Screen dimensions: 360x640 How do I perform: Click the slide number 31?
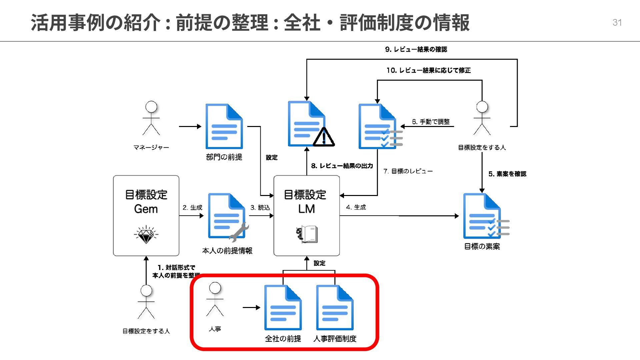[x=617, y=22]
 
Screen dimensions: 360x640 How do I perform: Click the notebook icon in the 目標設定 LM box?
[x=307, y=234]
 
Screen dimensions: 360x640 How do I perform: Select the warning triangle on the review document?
[x=323, y=137]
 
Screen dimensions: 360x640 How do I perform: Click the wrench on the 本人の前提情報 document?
[x=239, y=232]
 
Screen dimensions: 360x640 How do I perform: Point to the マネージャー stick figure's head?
[x=151, y=107]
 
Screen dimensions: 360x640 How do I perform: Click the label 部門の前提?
[x=224, y=157]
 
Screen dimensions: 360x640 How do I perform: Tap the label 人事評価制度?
[x=335, y=339]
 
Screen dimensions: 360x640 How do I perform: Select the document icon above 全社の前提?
[x=283, y=308]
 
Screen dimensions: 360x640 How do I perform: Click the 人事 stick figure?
[x=215, y=299]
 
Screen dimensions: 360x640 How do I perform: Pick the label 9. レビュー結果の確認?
[x=416, y=49]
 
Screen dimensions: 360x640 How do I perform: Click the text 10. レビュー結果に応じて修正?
[x=428, y=70]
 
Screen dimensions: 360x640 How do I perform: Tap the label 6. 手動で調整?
[x=431, y=122]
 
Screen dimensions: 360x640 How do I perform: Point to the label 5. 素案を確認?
[x=507, y=174]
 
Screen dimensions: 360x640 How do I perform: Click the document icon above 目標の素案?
[x=482, y=216]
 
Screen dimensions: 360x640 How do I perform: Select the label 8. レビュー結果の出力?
[x=342, y=166]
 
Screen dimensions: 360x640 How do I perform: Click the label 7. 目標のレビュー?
[x=408, y=171]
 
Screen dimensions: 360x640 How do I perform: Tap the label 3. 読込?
[x=260, y=207]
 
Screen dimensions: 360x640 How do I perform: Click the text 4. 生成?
[x=356, y=207]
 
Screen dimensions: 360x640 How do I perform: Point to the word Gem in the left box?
[x=146, y=209]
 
